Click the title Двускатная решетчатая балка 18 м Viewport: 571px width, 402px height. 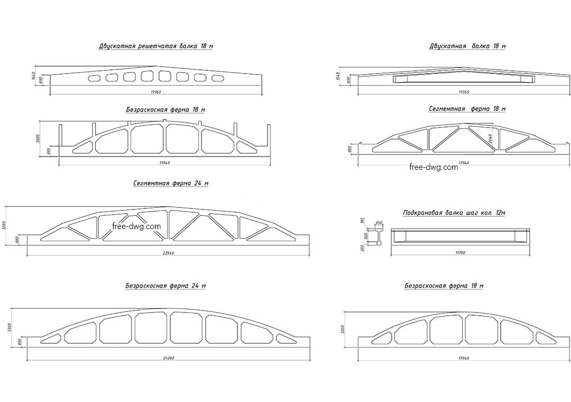[156, 47]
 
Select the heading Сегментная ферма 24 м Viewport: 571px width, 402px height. [171, 184]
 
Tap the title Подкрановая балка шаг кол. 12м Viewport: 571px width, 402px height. [454, 213]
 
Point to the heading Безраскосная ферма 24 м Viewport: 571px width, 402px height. [165, 286]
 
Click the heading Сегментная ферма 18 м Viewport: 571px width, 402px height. [467, 109]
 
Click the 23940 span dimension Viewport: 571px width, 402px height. [169, 253]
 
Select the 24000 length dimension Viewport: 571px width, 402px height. [169, 358]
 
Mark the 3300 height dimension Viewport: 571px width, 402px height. [9, 328]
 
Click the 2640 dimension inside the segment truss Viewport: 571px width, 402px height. [490, 139]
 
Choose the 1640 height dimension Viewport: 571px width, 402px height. [33, 76]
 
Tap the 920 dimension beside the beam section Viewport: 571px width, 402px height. [366, 236]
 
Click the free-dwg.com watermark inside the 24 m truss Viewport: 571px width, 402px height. [136, 226]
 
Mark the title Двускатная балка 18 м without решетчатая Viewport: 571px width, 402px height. [467, 47]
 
